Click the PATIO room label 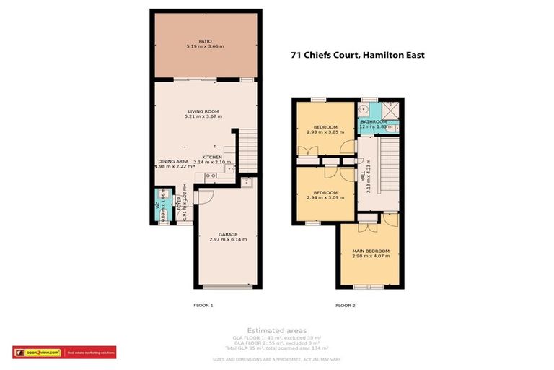coord(206,41)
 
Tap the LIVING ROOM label coord(202,111)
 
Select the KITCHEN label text coord(212,157)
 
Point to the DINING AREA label coord(173,160)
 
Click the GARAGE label coord(228,234)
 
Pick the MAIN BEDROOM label coord(371,251)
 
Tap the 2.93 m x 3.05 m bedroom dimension coord(320,133)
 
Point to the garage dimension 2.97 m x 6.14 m coord(228,239)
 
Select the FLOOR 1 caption coord(203,306)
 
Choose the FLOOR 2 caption coord(346,306)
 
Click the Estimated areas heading coord(277,330)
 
